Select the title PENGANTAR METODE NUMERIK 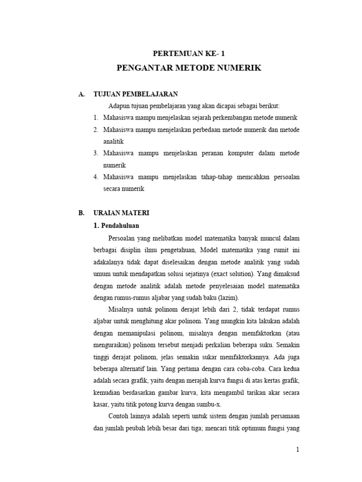point(189,68)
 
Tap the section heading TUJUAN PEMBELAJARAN point(136,94)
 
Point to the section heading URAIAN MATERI point(122,213)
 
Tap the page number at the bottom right point(297,450)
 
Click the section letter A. point(81,94)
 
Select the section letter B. point(81,213)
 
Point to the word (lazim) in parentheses point(228,297)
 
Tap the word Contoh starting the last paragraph point(119,417)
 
